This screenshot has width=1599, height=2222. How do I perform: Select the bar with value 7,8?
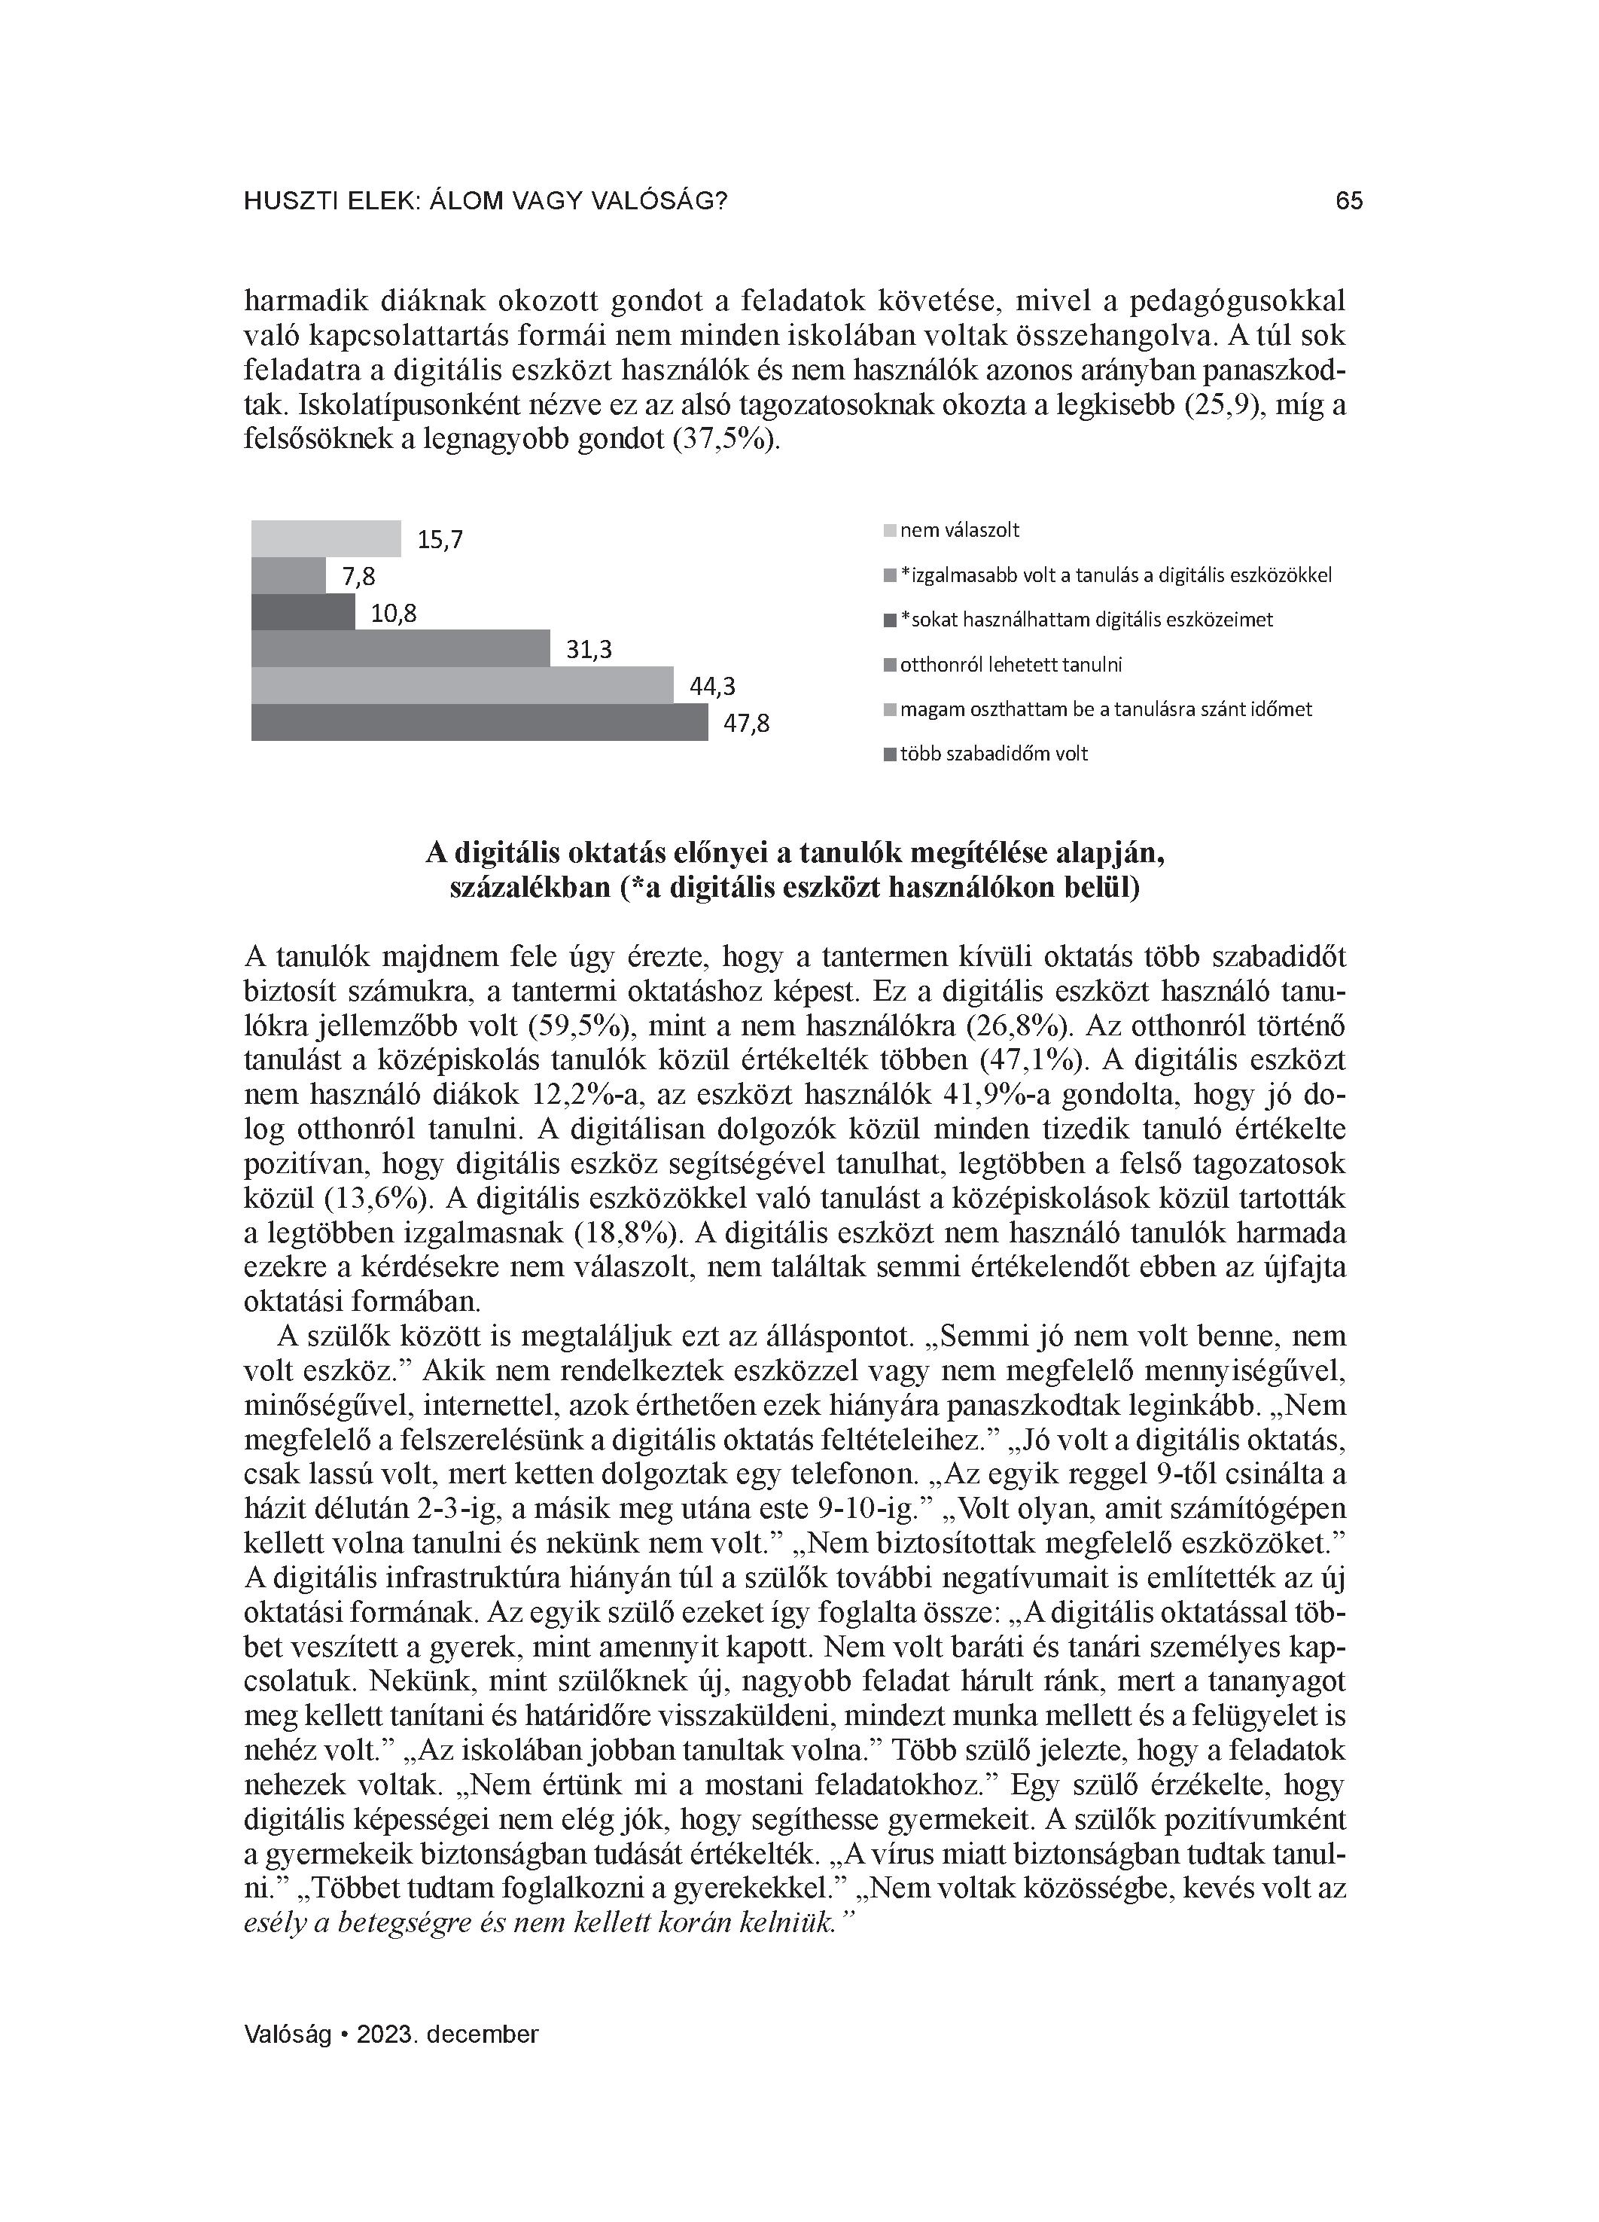click(x=289, y=576)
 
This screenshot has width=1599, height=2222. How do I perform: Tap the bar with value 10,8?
click(x=303, y=612)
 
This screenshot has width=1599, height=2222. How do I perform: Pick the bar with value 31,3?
click(x=401, y=648)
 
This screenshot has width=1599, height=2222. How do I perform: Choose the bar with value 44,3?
click(x=462, y=686)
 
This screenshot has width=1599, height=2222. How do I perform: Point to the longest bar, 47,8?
click(x=479, y=722)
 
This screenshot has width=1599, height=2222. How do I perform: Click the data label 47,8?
click(x=747, y=724)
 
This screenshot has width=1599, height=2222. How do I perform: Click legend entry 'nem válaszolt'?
click(x=959, y=530)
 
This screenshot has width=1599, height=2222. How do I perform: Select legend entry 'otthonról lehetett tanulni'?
click(x=1010, y=664)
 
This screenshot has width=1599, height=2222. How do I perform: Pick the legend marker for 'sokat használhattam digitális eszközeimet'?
click(x=890, y=620)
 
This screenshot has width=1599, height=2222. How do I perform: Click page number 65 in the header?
click(x=1349, y=201)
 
